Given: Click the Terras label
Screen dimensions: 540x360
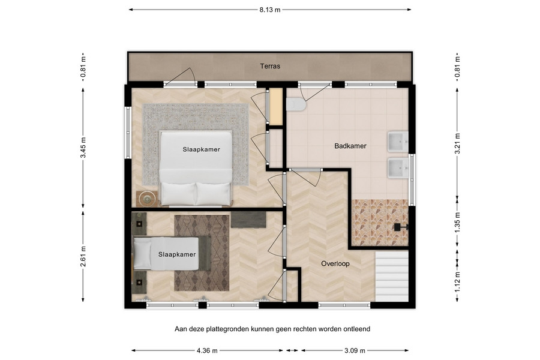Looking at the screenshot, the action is [270, 66].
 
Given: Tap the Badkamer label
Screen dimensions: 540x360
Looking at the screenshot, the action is [350, 146].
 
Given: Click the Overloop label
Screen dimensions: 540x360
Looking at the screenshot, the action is [335, 264].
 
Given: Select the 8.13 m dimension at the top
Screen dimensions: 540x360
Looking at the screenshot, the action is [270, 10].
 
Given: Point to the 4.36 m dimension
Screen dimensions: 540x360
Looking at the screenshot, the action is [207, 350].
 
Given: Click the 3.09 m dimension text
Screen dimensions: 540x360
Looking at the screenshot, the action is [355, 350].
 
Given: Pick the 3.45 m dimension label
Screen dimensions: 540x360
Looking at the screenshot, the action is [83, 148].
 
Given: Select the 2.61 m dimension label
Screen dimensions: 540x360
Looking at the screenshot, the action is [83, 256].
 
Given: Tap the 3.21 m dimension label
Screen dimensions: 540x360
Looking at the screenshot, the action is [457, 143].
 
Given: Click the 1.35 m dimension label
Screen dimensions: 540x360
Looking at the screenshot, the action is [457, 223].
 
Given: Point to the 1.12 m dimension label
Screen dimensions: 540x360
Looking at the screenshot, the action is [457, 282].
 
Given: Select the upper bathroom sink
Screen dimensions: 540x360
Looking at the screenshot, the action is [398, 142].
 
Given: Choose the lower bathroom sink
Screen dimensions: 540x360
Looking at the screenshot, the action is [398, 168].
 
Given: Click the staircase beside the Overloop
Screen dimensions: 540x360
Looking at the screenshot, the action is [392, 276].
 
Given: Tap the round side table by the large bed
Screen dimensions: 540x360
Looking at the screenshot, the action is [148, 199].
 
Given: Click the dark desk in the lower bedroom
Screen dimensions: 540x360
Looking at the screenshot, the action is [248, 220].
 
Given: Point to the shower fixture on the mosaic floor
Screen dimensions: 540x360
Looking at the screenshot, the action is [401, 227].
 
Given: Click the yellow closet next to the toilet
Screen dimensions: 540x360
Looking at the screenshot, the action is [276, 107].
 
